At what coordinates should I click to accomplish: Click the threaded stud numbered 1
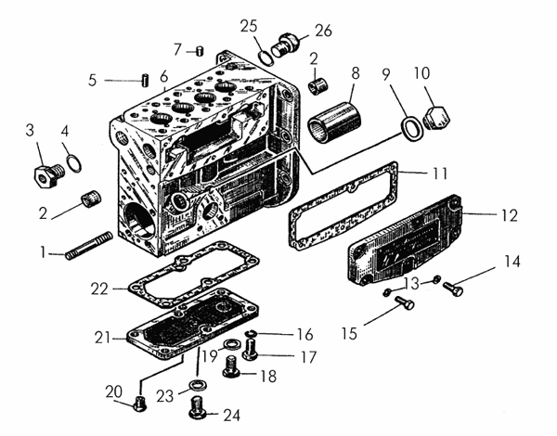point(89,246)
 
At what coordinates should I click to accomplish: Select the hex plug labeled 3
point(48,176)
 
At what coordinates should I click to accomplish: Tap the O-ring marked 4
point(74,163)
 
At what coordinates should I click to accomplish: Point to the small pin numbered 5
point(145,80)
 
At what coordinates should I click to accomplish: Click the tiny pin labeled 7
point(200,51)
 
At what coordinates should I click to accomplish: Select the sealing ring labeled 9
point(412,128)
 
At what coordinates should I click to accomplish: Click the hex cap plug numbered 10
point(437,118)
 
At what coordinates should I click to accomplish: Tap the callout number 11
point(440,173)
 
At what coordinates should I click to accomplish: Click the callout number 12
point(510,215)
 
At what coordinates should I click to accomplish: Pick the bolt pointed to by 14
point(453,288)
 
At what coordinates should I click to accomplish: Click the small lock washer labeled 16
point(252,333)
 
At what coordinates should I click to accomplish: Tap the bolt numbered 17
point(251,350)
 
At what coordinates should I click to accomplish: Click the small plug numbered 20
point(140,404)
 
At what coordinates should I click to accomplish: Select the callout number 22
point(99,289)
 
